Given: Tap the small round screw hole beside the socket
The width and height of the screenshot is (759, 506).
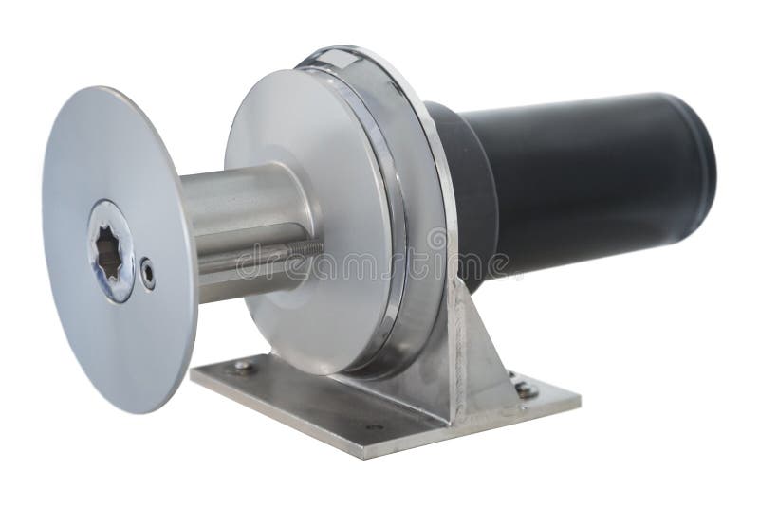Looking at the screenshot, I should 147,273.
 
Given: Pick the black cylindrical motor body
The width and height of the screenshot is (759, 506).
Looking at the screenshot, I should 588,180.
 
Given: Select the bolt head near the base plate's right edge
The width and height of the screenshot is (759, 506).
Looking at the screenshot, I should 525,389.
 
